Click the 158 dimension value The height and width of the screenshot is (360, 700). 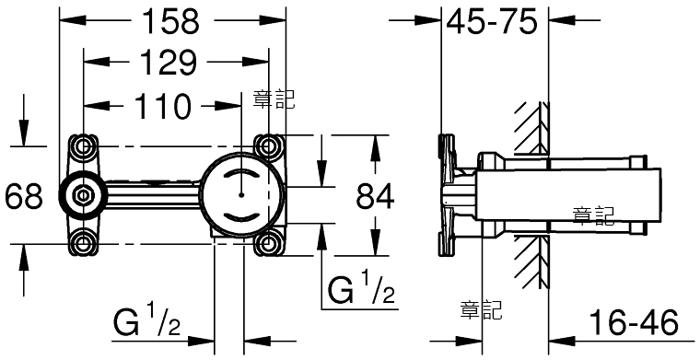170,21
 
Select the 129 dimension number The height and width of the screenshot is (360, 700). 168,63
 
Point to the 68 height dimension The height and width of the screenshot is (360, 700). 23,195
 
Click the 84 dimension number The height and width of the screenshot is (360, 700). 376,196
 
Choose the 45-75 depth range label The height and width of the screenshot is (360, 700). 492,21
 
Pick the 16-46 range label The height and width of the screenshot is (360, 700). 633,322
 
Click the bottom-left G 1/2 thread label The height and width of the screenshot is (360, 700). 147,322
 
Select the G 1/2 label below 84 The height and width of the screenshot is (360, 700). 362,290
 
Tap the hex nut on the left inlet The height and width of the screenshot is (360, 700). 82,195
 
